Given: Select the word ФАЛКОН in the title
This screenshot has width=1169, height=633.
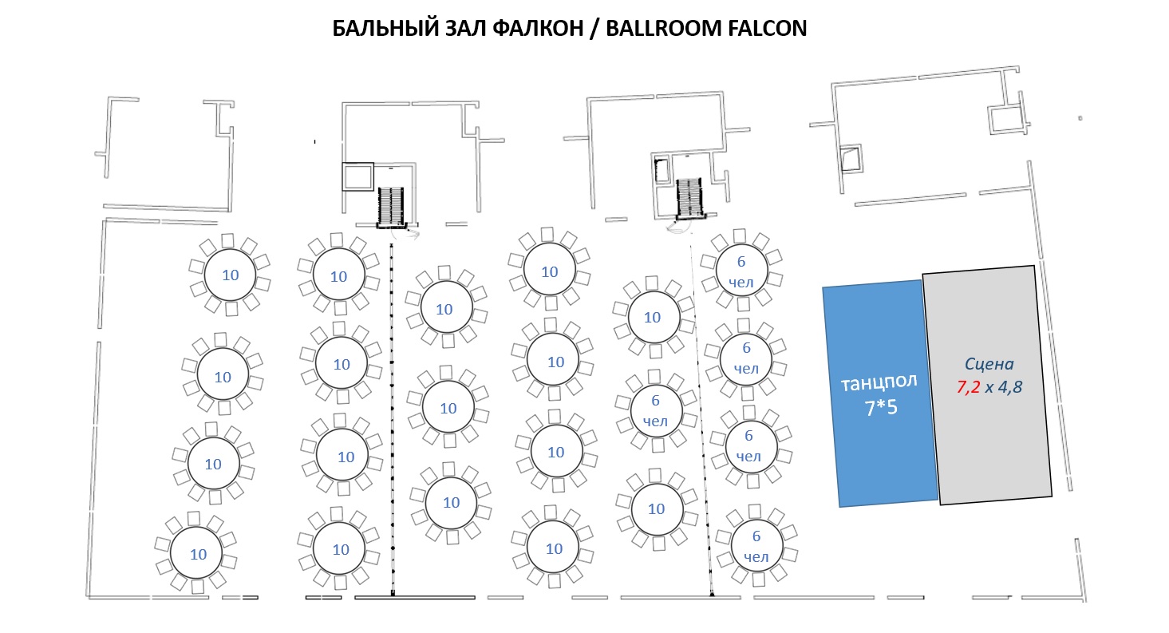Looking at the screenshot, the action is [538, 28].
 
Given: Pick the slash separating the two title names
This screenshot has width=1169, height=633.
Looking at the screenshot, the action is [594, 29].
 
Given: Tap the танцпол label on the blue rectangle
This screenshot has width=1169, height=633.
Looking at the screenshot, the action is [879, 382].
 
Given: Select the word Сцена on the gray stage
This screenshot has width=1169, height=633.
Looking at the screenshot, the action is [989, 364].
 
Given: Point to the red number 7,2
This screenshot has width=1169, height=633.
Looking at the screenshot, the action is [968, 387].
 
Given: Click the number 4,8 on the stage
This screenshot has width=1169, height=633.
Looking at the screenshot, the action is [1010, 387].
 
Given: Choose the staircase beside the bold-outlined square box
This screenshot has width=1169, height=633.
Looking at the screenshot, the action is [391, 206].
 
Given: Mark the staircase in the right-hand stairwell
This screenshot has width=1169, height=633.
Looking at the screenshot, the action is [689, 198].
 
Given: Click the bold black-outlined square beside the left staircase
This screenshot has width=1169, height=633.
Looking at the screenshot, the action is [358, 176].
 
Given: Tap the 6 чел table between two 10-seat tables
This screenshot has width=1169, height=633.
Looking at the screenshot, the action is [656, 411].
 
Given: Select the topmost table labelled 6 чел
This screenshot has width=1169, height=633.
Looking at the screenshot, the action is [741, 271].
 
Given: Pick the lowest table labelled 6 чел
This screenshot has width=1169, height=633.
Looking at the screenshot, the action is [756, 545].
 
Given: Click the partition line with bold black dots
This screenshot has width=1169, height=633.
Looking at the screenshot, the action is [392, 419].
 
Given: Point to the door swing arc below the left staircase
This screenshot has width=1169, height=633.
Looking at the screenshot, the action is [407, 234].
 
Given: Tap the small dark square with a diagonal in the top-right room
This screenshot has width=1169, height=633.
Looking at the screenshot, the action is [851, 157].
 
